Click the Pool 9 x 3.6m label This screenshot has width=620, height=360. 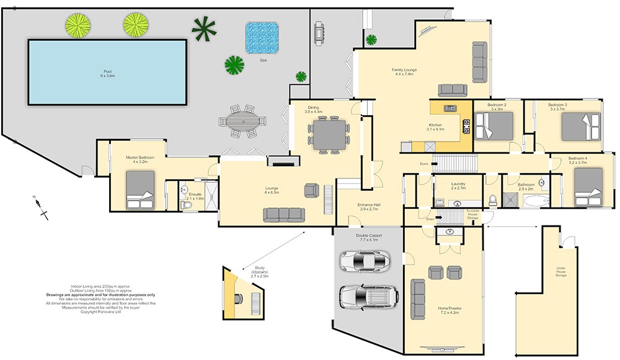pyautogui.click(x=108, y=73)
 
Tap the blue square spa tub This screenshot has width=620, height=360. pyautogui.click(x=262, y=37)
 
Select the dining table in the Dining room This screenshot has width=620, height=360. pyautogui.click(x=329, y=134)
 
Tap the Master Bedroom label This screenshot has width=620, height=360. pyautogui.click(x=140, y=159)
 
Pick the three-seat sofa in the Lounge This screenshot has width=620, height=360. pyautogui.click(x=284, y=214)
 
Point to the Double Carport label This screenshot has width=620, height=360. pyautogui.click(x=368, y=237)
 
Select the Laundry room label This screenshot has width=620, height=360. pyautogui.click(x=459, y=185)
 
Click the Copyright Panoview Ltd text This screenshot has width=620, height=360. pyautogui.click(x=102, y=312)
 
